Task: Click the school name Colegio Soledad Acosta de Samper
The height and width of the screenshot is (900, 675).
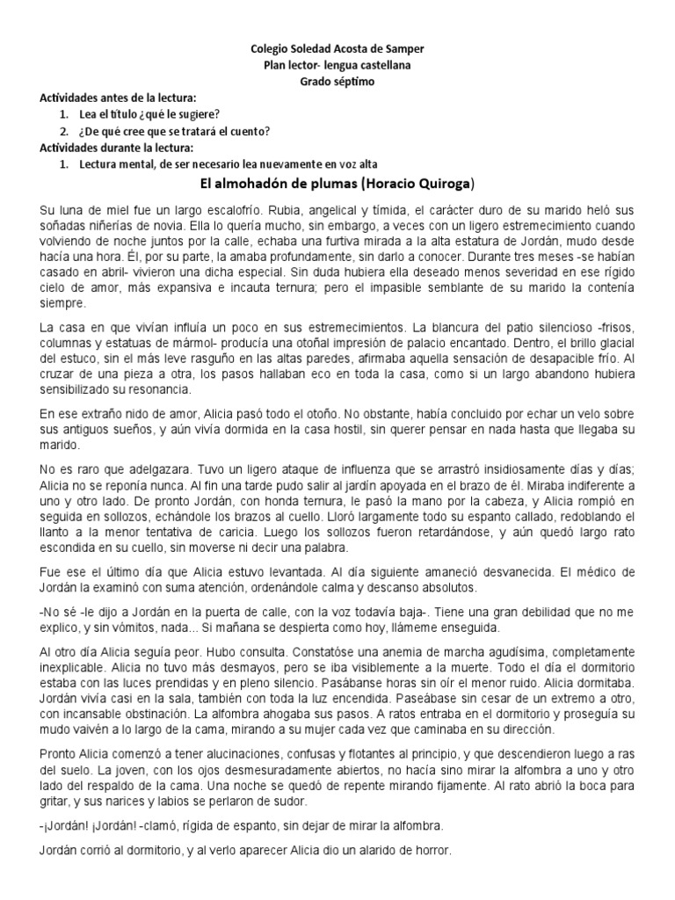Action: point(337,50)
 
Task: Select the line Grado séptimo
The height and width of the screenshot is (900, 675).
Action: point(337,81)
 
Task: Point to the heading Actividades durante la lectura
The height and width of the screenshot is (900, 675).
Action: point(122,147)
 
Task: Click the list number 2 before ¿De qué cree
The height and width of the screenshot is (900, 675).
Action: point(64,131)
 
